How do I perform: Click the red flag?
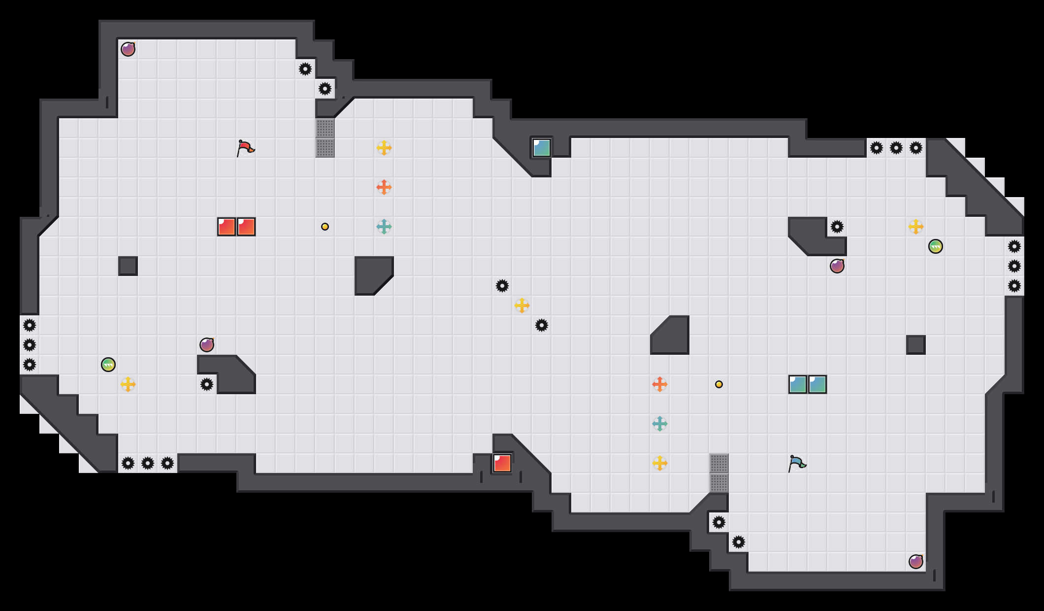245,147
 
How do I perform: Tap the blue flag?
796,463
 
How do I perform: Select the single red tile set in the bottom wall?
502,463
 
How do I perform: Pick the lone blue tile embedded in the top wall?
542,148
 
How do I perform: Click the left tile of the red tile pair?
227,227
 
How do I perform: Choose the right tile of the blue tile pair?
817,384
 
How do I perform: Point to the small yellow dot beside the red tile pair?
325,227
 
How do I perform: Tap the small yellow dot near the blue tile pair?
719,384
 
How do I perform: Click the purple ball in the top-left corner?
128,49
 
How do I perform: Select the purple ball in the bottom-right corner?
916,562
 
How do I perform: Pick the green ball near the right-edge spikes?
936,246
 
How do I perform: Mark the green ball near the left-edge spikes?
108,365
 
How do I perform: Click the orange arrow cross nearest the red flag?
384,187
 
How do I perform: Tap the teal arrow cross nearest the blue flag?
660,424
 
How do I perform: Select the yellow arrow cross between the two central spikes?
522,305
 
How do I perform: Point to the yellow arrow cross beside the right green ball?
916,227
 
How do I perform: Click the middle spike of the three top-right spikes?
896,148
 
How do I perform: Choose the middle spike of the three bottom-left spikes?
148,463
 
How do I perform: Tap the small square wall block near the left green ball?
128,266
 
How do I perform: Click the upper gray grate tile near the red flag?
325,128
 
